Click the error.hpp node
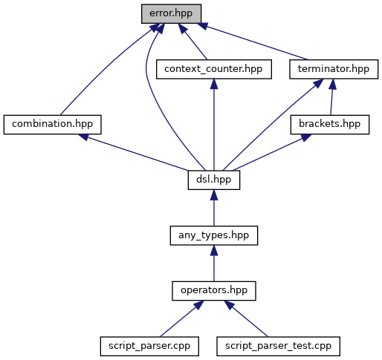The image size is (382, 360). pyautogui.click(x=171, y=13)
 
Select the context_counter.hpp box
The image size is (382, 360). pyautogui.click(x=214, y=69)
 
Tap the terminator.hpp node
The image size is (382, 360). pyautogui.click(x=334, y=69)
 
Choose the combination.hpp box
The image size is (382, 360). pyautogui.click(x=52, y=125)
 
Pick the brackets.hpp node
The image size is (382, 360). pyautogui.click(x=330, y=125)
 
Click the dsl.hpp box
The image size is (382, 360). pyautogui.click(x=214, y=180)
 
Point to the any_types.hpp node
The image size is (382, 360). pyautogui.click(x=214, y=235)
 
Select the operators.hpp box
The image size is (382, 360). pyautogui.click(x=214, y=291)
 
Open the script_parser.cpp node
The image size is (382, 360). pyautogui.click(x=149, y=347)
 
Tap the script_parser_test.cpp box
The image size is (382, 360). pyautogui.click(x=278, y=347)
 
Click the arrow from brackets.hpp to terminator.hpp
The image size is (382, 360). pyautogui.click(x=331, y=97)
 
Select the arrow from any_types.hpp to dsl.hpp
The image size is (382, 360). pyautogui.click(x=214, y=208)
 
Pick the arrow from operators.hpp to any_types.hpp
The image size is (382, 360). pyautogui.click(x=214, y=264)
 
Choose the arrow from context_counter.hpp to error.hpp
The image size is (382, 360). pyautogui.click(x=192, y=42)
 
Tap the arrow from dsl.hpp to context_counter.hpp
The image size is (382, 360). pyautogui.click(x=214, y=125)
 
